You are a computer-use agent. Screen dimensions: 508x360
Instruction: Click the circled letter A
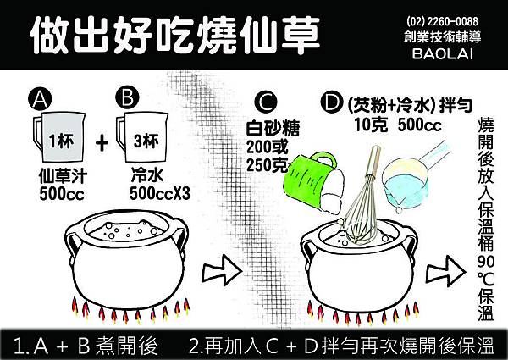(x=40, y=99)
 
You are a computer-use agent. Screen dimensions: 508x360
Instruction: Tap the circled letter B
(x=127, y=98)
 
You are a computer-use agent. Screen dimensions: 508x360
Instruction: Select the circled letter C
(x=266, y=102)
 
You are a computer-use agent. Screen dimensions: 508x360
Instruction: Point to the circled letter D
(x=332, y=102)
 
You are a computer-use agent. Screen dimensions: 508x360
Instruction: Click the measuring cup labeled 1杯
(x=60, y=137)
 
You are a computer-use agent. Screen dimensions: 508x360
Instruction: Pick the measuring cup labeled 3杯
(x=143, y=137)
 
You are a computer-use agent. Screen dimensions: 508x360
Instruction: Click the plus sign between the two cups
(x=102, y=142)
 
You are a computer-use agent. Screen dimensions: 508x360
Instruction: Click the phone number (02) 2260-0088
(x=442, y=21)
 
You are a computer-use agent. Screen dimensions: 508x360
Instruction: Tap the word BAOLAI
(x=443, y=53)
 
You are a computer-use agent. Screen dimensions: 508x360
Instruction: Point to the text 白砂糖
(x=273, y=128)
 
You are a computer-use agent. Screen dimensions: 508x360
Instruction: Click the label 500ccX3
(x=160, y=194)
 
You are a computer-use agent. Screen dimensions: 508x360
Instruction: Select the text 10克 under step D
(x=371, y=125)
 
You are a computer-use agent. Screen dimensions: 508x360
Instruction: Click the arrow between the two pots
(x=222, y=271)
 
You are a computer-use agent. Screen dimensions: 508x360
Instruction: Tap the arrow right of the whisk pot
(x=445, y=271)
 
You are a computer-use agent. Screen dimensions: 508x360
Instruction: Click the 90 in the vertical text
(x=486, y=262)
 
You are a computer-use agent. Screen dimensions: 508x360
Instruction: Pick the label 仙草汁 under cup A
(x=63, y=176)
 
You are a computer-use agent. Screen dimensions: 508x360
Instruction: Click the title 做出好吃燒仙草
(x=175, y=35)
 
